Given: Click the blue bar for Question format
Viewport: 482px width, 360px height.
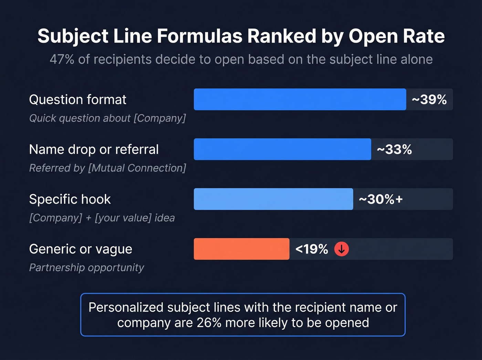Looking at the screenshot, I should tap(300, 99).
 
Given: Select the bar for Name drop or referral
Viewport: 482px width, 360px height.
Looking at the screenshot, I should tap(282, 149).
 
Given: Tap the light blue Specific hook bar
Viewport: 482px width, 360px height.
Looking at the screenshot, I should tap(273, 199).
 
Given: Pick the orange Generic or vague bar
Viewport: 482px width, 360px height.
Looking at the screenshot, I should tap(241, 249).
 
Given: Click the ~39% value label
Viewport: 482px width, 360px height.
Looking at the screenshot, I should tap(429, 100).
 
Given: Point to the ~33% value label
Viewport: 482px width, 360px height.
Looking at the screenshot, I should tap(394, 150).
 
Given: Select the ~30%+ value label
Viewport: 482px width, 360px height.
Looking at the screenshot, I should tap(380, 199).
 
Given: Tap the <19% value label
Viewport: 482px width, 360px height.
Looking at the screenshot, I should tap(312, 249).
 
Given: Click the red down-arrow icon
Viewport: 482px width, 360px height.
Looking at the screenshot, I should tap(342, 249).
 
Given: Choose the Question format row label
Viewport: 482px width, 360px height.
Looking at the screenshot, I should tap(78, 100).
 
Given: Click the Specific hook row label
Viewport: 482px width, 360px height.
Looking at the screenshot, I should tap(70, 199).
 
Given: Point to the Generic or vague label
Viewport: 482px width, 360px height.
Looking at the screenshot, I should tap(81, 249).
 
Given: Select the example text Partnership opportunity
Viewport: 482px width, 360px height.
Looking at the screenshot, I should tap(86, 268).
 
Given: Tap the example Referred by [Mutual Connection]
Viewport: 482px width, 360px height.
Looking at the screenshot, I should tap(107, 168).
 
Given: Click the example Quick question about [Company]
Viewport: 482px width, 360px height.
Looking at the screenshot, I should tap(107, 118).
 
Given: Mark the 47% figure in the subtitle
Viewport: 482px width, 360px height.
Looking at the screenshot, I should tap(62, 60).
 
